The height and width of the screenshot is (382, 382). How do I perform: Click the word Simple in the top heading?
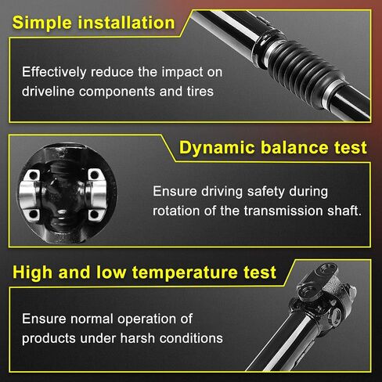(x=42, y=23)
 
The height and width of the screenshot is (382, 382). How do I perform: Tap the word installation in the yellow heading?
(x=126, y=23)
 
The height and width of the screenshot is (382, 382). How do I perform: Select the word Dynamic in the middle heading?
(x=217, y=148)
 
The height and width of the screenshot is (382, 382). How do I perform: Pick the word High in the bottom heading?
(x=32, y=272)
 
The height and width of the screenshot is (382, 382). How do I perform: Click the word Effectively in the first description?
(x=54, y=72)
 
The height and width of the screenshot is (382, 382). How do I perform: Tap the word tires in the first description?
(x=200, y=92)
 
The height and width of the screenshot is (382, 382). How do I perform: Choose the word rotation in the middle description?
(x=176, y=211)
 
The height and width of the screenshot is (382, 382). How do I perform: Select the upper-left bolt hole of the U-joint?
(x=33, y=175)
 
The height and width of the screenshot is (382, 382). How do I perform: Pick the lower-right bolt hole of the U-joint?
(x=94, y=214)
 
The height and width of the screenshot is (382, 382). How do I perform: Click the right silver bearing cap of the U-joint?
(x=95, y=195)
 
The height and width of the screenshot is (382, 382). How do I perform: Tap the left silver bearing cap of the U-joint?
(x=29, y=195)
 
